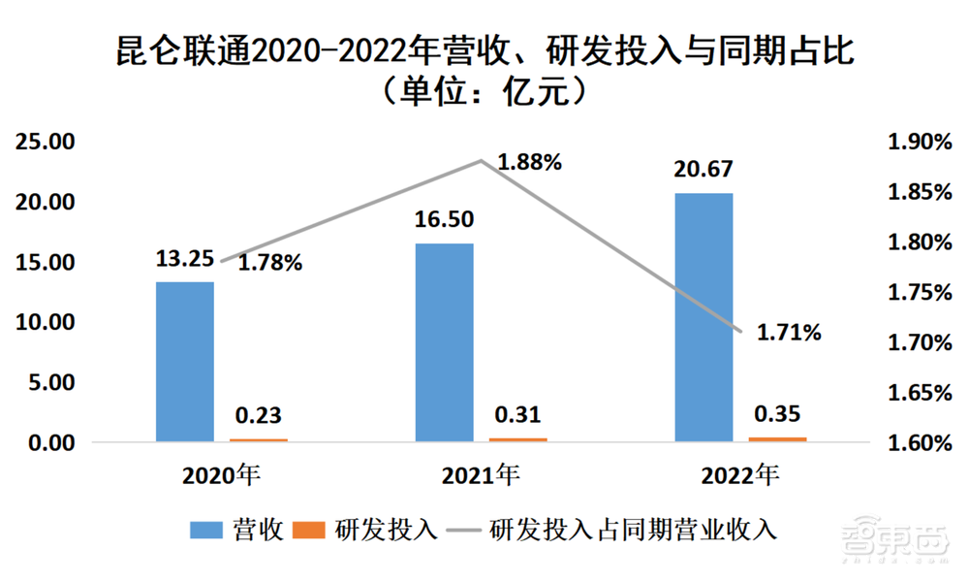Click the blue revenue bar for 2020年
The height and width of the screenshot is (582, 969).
click(184, 362)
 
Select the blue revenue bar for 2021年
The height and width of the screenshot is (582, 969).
click(445, 342)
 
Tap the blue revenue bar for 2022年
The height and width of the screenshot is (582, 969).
click(703, 317)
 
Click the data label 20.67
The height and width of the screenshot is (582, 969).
click(703, 170)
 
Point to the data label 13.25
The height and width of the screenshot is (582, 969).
click(185, 259)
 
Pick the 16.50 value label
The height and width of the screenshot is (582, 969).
click(445, 220)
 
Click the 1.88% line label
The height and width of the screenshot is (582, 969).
click(529, 163)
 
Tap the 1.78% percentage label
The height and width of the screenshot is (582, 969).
click(269, 262)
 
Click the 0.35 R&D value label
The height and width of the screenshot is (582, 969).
click(777, 413)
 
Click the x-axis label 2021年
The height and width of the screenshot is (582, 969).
click(481, 476)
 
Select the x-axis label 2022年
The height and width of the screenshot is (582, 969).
click(739, 476)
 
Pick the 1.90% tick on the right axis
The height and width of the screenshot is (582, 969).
click(920, 142)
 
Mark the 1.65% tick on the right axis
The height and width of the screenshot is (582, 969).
click(920, 393)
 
